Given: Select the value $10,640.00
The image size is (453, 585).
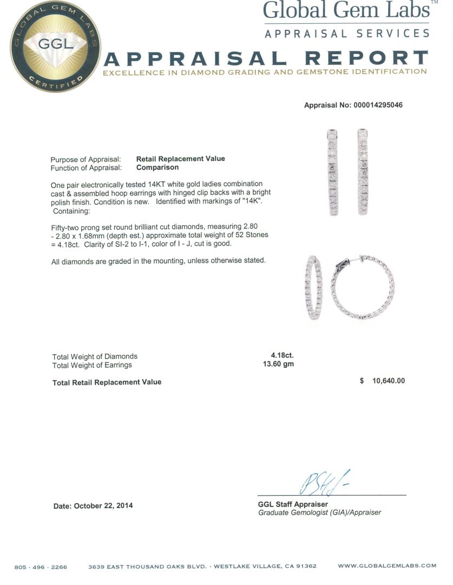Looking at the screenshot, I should [x=389, y=381].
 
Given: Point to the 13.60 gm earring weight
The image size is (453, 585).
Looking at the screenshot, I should [x=278, y=365].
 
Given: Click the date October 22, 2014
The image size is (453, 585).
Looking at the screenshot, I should [x=93, y=506].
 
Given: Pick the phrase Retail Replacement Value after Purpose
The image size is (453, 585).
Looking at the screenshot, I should [x=180, y=159].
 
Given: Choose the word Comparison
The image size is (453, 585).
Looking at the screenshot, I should [x=157, y=167].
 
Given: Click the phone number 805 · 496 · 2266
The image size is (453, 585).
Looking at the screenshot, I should [x=41, y=567].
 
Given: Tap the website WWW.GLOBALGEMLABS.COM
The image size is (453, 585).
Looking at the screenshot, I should [x=387, y=565].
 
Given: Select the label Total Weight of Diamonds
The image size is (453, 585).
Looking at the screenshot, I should [x=95, y=356].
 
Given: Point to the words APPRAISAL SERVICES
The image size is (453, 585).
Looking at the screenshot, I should [x=347, y=34].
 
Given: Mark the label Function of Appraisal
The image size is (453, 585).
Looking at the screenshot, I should [x=86, y=167].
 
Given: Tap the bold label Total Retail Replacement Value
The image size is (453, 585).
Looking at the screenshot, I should [x=107, y=382].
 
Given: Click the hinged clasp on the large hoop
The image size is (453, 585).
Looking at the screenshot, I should [x=346, y=263].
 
